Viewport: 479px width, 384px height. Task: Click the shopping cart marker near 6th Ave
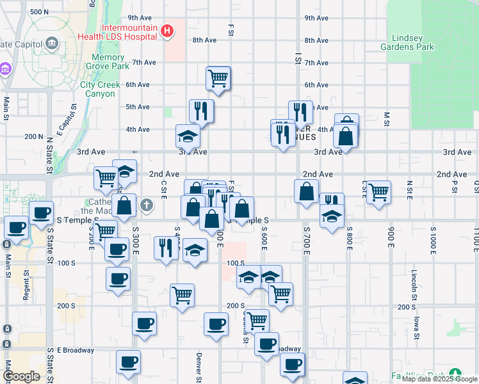point(218,79)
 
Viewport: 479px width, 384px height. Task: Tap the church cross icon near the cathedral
point(147,205)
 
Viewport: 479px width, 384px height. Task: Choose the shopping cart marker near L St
point(379,191)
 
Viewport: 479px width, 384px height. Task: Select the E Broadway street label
point(76,350)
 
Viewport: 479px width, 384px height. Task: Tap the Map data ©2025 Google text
point(439,379)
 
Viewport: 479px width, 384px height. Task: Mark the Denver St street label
point(199,365)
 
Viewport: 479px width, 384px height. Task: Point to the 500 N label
point(39,12)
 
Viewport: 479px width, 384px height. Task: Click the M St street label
point(387,118)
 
